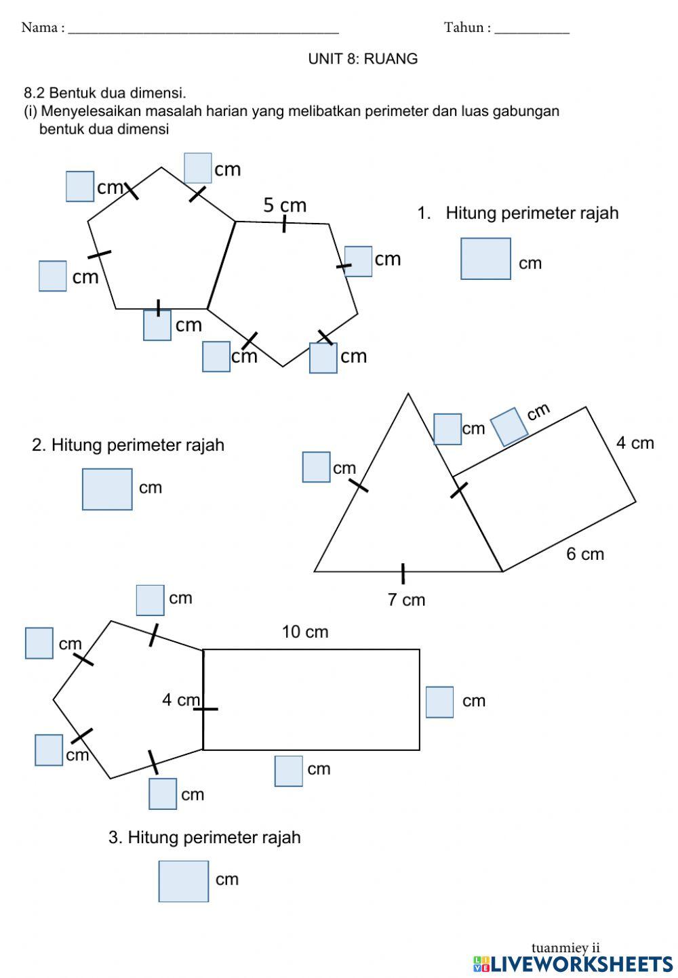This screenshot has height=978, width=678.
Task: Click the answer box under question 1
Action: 485,258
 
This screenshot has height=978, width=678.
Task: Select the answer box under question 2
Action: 107,489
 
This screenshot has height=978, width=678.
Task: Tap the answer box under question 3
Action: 184,880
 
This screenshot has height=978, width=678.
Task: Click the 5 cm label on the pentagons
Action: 285,205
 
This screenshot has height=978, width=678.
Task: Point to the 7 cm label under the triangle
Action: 406,599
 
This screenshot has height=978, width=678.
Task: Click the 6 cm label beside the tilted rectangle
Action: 584,554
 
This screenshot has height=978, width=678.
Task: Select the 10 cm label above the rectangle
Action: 305,632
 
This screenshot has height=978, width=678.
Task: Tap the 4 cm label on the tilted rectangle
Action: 635,443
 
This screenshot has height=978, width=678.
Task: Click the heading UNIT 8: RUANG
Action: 363,59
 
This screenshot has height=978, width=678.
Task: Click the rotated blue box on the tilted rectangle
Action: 509,426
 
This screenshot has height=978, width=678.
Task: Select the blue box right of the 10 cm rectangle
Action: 439,701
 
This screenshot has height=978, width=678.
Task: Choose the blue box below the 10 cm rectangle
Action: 289,771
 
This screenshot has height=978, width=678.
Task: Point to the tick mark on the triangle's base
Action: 403,573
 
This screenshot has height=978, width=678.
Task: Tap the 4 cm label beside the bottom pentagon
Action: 180,699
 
